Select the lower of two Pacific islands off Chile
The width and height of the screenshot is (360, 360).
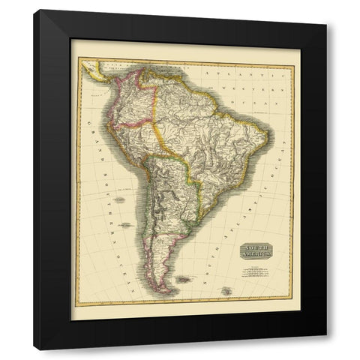125,224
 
